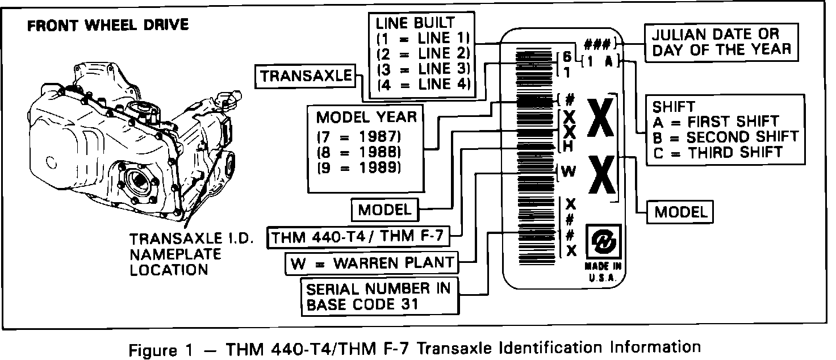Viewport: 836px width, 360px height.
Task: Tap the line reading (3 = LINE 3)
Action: click(423, 69)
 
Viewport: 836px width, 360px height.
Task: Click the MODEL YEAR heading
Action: click(366, 118)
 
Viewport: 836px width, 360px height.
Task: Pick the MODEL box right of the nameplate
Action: click(681, 212)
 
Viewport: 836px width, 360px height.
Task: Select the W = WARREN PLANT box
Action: click(373, 262)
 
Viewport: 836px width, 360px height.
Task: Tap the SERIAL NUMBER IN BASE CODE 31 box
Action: click(378, 296)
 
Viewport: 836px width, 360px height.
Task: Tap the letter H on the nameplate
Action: click(569, 146)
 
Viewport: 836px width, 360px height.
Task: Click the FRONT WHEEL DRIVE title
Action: click(108, 26)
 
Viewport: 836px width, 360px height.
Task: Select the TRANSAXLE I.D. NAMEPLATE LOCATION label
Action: click(175, 254)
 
